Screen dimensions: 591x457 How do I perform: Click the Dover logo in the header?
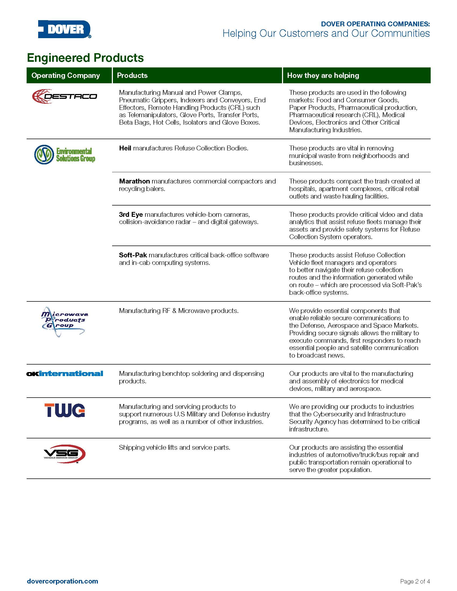click(65, 29)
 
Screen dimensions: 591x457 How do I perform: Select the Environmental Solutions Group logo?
click(65, 154)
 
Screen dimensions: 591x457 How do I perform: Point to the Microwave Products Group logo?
click(65, 322)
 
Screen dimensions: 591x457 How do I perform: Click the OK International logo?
click(65, 374)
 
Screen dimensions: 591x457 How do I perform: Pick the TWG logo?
click(65, 410)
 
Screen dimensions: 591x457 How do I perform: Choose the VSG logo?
click(65, 454)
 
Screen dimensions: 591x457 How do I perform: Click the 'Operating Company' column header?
click(66, 75)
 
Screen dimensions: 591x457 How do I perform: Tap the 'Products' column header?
click(132, 75)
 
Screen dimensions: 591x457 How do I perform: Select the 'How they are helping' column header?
click(323, 75)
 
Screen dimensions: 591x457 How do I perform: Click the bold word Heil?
click(125, 148)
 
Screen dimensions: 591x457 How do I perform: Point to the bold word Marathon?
click(134, 181)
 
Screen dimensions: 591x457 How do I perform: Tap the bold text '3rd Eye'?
click(131, 215)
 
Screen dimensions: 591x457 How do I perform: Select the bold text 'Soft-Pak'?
click(133, 255)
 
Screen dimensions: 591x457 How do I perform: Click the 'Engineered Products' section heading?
click(85, 58)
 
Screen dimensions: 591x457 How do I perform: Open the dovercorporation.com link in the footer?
click(63, 581)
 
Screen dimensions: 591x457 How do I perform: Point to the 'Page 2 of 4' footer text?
click(415, 581)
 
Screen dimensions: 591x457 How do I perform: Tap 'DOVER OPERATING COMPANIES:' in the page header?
click(375, 24)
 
